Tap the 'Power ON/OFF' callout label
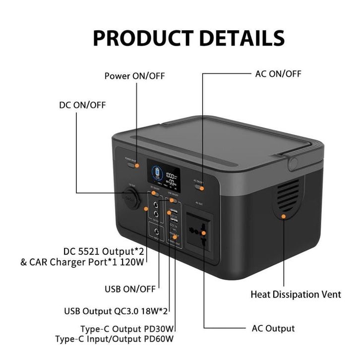point(134,76)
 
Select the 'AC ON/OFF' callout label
point(278,74)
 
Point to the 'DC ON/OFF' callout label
point(82,105)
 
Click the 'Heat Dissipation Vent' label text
point(296,295)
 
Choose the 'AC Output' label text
point(273,328)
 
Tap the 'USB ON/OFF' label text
point(130,289)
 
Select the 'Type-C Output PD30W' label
point(128,329)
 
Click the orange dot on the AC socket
point(203,232)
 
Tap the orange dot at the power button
point(137,165)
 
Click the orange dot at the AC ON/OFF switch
point(202,187)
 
